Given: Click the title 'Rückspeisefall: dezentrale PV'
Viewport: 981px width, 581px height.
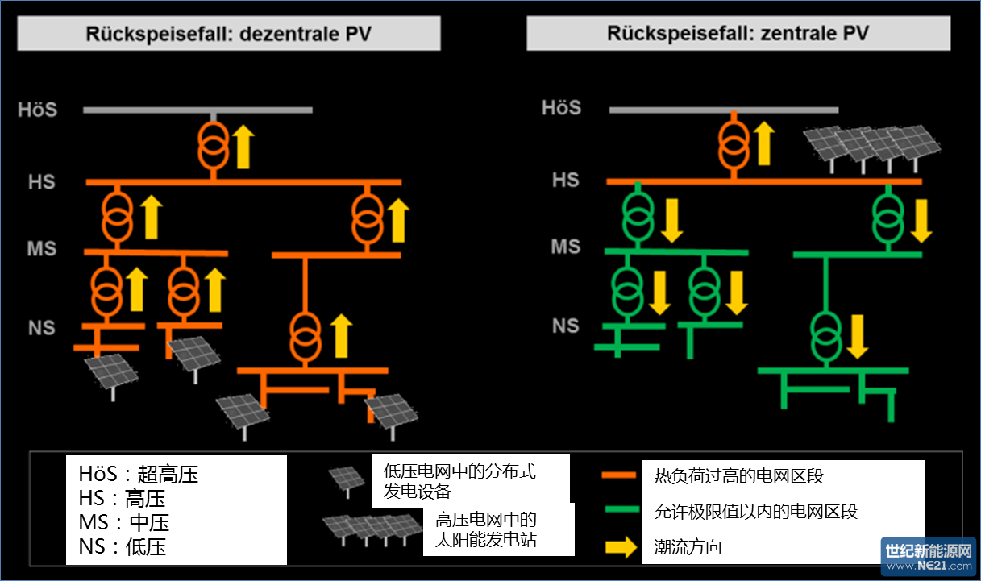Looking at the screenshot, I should point(229,34).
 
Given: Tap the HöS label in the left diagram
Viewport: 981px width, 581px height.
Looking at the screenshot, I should point(38,109).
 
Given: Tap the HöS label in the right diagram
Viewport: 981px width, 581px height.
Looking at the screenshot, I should point(561,107).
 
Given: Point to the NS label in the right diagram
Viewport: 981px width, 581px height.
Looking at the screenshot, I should point(565,326).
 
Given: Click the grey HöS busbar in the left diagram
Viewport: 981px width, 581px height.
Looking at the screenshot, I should point(197,110).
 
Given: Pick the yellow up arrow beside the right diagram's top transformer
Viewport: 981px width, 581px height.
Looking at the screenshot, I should point(764,143).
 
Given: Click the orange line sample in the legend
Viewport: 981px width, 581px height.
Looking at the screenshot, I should point(621,475).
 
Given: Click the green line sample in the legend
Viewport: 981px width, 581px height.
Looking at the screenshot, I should point(621,510).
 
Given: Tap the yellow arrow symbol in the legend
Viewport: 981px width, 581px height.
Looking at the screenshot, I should point(621,548).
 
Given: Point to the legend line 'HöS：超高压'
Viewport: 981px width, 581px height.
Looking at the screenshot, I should point(138,474).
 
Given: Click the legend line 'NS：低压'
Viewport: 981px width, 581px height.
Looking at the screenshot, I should point(123,547).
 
